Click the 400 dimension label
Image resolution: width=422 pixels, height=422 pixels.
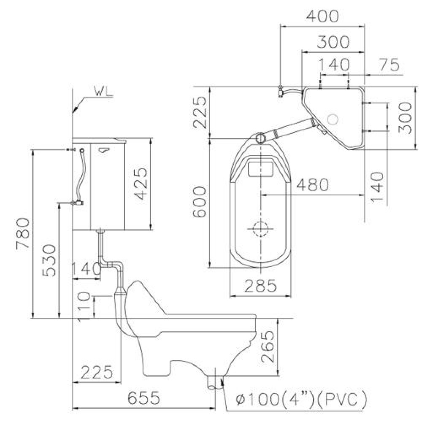[x=322, y=16]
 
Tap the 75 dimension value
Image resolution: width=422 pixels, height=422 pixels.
[x=389, y=65]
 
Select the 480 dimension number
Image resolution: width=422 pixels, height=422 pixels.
[x=313, y=185]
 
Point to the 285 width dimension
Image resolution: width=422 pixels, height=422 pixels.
[x=260, y=286]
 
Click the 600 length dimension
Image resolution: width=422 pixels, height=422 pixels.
[x=200, y=202]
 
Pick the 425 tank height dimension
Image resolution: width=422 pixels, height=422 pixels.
[x=141, y=184]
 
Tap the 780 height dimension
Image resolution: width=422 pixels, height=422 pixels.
[x=23, y=234]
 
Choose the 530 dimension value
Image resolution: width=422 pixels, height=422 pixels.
[x=49, y=260]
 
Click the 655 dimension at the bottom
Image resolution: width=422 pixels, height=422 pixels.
[x=144, y=398]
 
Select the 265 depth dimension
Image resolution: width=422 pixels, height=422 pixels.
[x=268, y=346]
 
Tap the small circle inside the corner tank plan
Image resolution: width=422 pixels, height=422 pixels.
[x=333, y=119]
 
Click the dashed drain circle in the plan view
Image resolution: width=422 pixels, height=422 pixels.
[x=260, y=229]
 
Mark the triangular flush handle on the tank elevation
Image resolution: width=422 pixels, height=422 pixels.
[x=104, y=150]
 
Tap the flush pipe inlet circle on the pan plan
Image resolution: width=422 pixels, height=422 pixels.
[x=260, y=138]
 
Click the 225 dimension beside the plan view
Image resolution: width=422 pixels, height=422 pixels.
[x=200, y=113]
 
